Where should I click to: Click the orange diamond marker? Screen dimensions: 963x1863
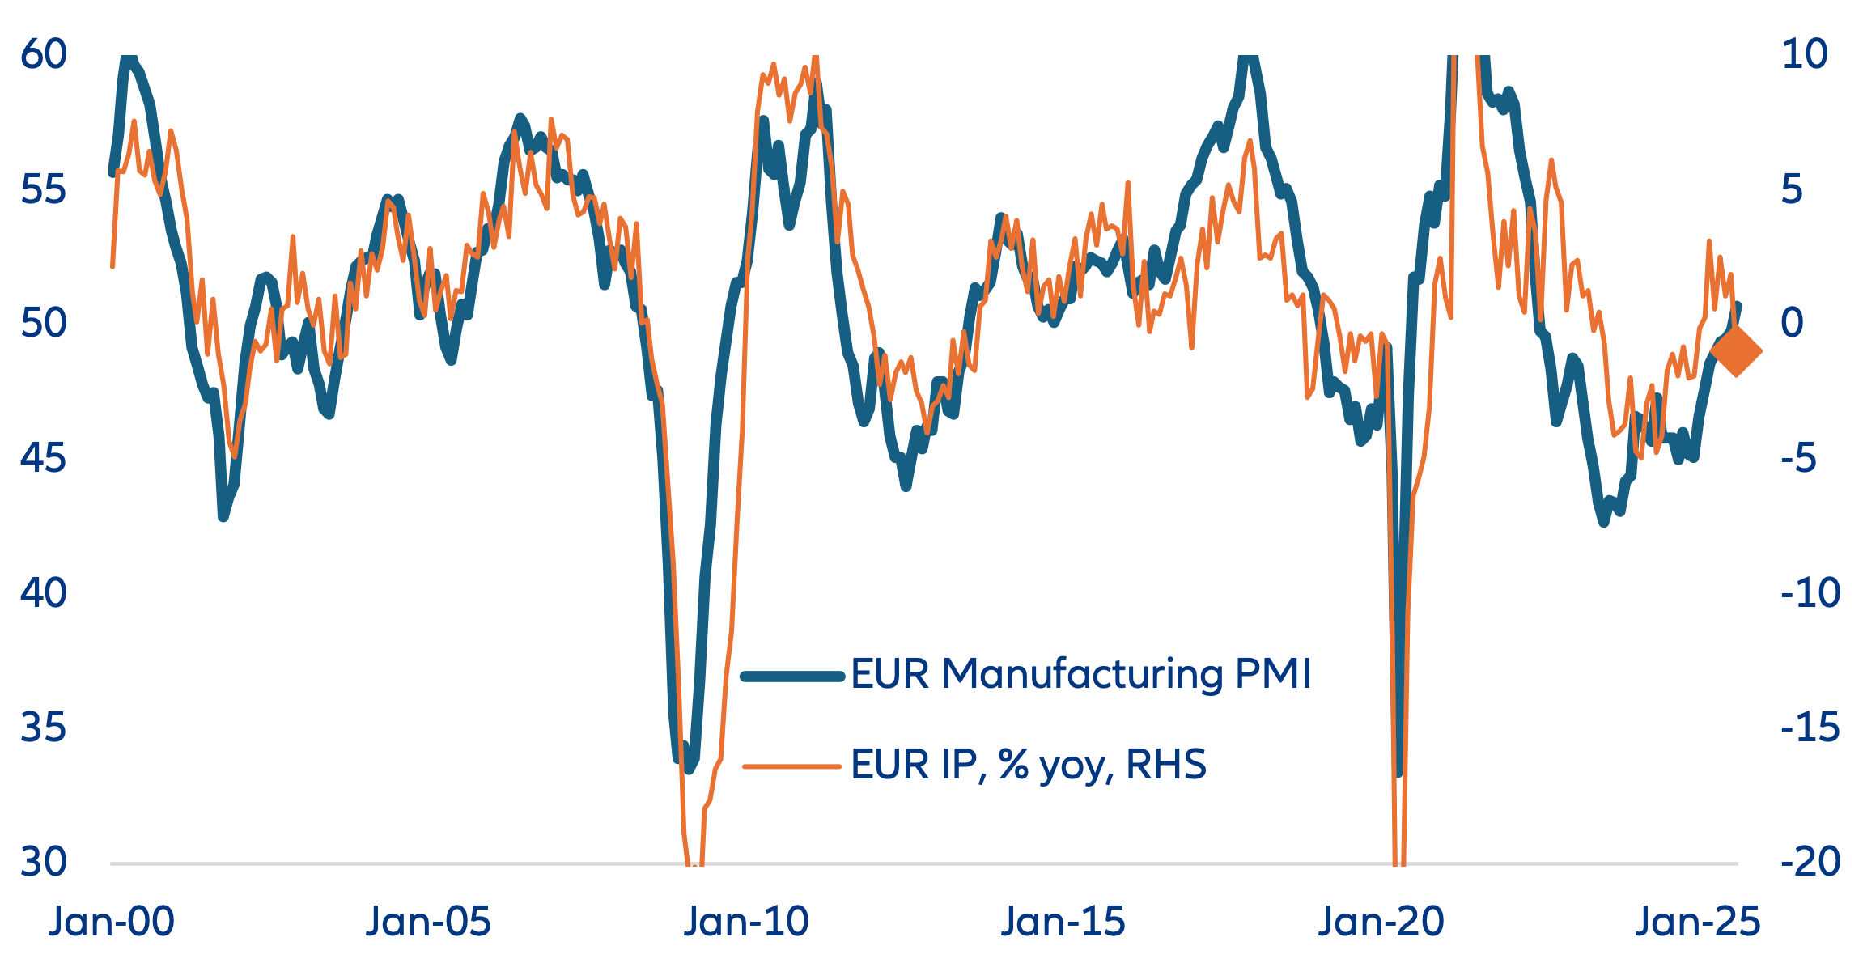tap(1737, 351)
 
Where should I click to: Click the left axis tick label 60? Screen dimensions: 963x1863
tap(44, 54)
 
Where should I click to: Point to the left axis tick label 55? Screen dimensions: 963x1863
tap(44, 189)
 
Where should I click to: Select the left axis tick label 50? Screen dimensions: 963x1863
tap(44, 324)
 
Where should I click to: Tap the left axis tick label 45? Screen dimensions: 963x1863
tap(44, 458)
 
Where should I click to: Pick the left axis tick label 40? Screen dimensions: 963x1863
tap(44, 593)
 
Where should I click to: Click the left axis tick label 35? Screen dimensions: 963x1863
tap(44, 728)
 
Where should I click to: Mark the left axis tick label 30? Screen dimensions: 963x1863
tap(44, 862)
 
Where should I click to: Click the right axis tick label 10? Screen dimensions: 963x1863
tap(1804, 54)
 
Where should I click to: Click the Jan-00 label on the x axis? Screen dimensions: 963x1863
tap(112, 922)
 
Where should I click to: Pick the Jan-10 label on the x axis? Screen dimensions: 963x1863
tap(746, 922)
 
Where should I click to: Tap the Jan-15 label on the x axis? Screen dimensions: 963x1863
tap(1063, 922)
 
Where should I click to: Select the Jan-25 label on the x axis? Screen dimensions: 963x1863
tap(1698, 922)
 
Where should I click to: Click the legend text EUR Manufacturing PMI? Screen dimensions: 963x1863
tap(1081, 674)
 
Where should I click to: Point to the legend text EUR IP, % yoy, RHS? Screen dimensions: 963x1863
tap(1029, 765)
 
